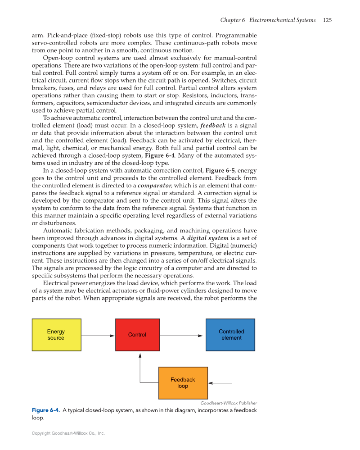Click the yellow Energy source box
click(56, 335)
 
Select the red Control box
click(137, 335)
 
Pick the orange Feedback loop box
click(183, 383)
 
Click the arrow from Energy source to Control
click(98, 336)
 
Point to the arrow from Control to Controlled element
click(181, 336)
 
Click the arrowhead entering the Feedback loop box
click(210, 383)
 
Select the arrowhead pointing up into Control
click(140, 355)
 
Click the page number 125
click(327, 20)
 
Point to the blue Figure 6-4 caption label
click(45, 410)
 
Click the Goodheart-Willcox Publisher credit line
click(229, 403)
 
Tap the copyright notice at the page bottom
click(68, 433)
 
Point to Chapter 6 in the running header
click(232, 20)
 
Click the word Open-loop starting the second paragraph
click(58, 58)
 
